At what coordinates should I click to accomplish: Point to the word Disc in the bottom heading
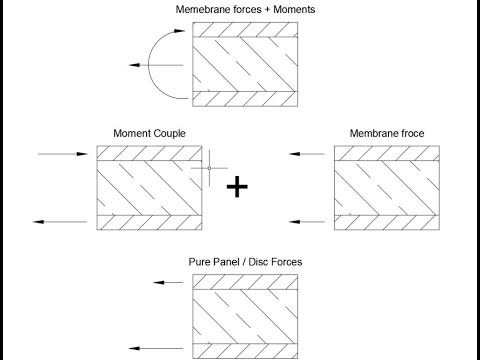[x=262, y=262]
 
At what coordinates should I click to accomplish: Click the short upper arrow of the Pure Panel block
[x=167, y=284]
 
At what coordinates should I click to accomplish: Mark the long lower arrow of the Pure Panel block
[x=160, y=348]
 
